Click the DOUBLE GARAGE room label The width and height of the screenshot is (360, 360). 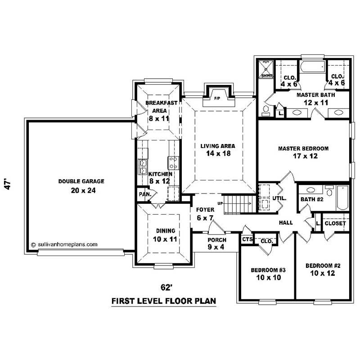click(81, 181)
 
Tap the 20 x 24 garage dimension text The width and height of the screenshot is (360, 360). click(81, 190)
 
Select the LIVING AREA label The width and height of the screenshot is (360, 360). click(218, 146)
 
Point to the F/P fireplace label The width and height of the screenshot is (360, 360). click(216, 98)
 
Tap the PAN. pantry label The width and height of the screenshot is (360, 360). click(144, 194)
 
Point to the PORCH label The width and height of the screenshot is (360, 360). click(216, 239)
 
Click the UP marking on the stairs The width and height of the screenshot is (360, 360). click(220, 203)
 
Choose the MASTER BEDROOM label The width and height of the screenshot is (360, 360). click(303, 148)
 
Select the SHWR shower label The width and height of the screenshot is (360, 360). click(266, 76)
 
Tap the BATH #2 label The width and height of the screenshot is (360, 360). click(312, 199)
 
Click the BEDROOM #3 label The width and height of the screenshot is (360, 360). click(268, 270)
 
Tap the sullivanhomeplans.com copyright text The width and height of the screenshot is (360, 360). click(64, 245)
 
